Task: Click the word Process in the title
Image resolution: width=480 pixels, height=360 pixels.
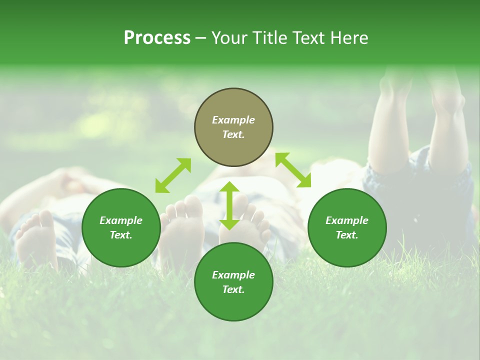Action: [157, 38]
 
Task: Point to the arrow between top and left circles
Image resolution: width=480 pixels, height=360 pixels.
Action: [173, 175]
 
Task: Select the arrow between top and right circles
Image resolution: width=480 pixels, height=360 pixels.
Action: [293, 170]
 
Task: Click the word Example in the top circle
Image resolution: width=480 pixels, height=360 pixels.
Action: [233, 120]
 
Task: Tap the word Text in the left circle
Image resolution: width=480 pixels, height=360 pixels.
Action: [121, 235]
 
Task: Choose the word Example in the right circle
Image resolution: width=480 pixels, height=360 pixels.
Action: [347, 220]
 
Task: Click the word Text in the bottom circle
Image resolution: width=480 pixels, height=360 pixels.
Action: [233, 289]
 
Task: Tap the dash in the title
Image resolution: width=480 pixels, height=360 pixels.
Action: [200, 38]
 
